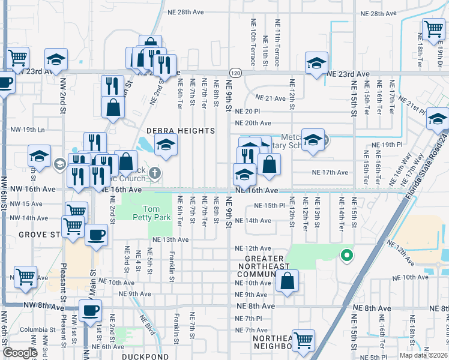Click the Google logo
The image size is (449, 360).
click(20, 353)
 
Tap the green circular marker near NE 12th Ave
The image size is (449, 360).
click(346, 256)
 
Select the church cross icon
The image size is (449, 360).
click(155, 174)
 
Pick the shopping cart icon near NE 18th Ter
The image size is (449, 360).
click(433, 28)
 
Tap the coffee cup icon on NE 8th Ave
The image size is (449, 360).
click(90, 310)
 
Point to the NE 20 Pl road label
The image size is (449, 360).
click(247, 112)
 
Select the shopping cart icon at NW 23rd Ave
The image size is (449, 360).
click(18, 58)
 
